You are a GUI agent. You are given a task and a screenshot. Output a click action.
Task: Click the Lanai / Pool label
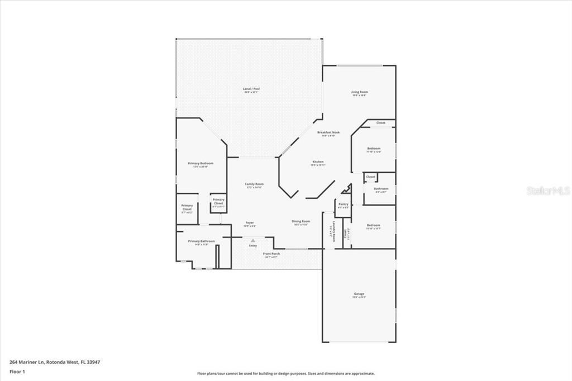[251, 89]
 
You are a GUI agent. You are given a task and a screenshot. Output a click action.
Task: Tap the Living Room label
[359, 92]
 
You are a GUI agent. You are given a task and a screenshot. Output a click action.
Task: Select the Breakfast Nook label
[328, 132]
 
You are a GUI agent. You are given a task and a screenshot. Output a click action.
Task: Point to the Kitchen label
[317, 162]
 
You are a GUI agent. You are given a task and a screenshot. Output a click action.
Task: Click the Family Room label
[254, 184]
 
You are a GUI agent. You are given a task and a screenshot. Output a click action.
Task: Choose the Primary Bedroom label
[201, 163]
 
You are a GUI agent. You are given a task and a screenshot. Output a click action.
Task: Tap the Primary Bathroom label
[201, 241]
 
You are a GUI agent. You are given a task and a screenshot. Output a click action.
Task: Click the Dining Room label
[301, 221]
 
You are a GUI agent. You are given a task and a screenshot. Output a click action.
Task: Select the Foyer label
[249, 223]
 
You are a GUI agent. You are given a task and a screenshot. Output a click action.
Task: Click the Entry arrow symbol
[252, 240]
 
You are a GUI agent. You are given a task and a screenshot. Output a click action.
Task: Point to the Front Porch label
[271, 254]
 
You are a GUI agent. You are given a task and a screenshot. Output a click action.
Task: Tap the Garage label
[359, 294]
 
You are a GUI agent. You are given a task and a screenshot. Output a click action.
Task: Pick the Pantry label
[343, 204]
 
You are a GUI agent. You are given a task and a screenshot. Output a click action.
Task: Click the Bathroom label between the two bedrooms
[381, 189]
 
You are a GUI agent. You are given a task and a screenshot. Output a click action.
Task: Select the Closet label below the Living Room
[380, 123]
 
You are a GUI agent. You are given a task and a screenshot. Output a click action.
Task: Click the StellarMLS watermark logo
[548, 190]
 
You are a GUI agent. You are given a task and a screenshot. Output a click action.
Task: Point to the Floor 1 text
[17, 372]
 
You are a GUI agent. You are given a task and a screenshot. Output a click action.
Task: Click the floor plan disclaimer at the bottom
[285, 374]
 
